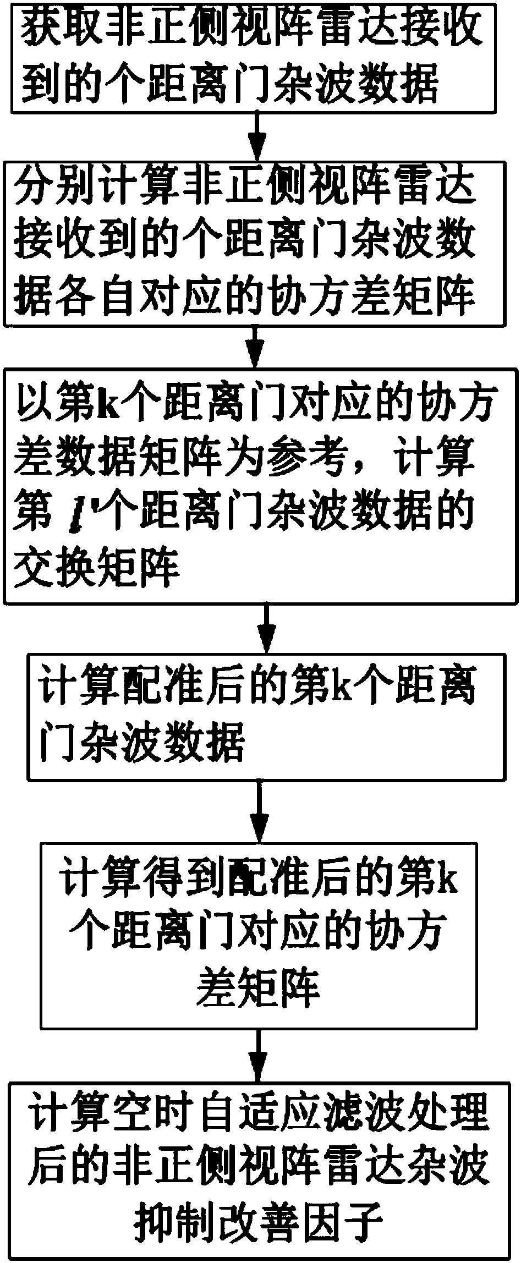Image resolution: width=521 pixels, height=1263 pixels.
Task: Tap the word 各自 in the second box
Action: [126, 296]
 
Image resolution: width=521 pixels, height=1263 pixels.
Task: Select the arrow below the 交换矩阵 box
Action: [266, 627]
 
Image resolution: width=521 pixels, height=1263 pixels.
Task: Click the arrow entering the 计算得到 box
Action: [259, 812]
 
